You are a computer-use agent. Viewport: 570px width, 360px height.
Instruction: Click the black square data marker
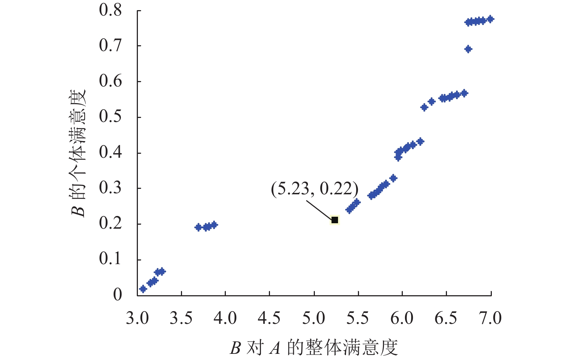click(x=335, y=220)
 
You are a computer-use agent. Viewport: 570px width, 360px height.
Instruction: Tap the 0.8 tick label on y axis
click(x=110, y=10)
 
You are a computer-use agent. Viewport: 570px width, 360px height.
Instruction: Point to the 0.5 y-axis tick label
click(x=110, y=117)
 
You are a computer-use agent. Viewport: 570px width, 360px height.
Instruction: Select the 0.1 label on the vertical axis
click(x=110, y=259)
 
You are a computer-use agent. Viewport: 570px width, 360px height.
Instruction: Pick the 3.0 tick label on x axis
click(x=137, y=319)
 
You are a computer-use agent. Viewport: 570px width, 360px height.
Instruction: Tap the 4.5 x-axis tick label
click(x=269, y=319)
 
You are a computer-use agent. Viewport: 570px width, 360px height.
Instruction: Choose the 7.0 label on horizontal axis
click(x=490, y=319)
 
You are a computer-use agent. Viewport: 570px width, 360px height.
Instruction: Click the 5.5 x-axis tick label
click(x=358, y=319)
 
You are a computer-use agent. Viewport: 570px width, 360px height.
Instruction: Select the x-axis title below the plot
click(x=314, y=348)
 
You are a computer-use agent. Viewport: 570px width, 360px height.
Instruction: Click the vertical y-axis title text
click(x=78, y=153)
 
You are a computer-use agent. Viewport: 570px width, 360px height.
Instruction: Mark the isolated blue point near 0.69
click(x=468, y=49)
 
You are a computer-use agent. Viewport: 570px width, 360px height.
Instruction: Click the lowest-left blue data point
click(x=143, y=289)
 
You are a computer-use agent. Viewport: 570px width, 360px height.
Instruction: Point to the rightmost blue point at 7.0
click(x=490, y=19)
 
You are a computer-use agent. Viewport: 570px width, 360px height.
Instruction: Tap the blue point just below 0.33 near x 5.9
click(x=393, y=178)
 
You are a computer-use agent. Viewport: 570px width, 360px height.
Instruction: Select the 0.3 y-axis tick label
click(x=110, y=188)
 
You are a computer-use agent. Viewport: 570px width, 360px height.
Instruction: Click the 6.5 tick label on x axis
click(x=446, y=319)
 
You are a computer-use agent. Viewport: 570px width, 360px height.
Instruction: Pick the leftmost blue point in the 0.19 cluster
click(x=198, y=227)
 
